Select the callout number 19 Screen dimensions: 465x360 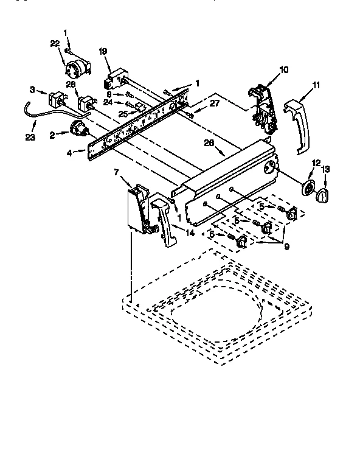[103, 52]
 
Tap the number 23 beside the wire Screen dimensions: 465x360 [30, 137]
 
